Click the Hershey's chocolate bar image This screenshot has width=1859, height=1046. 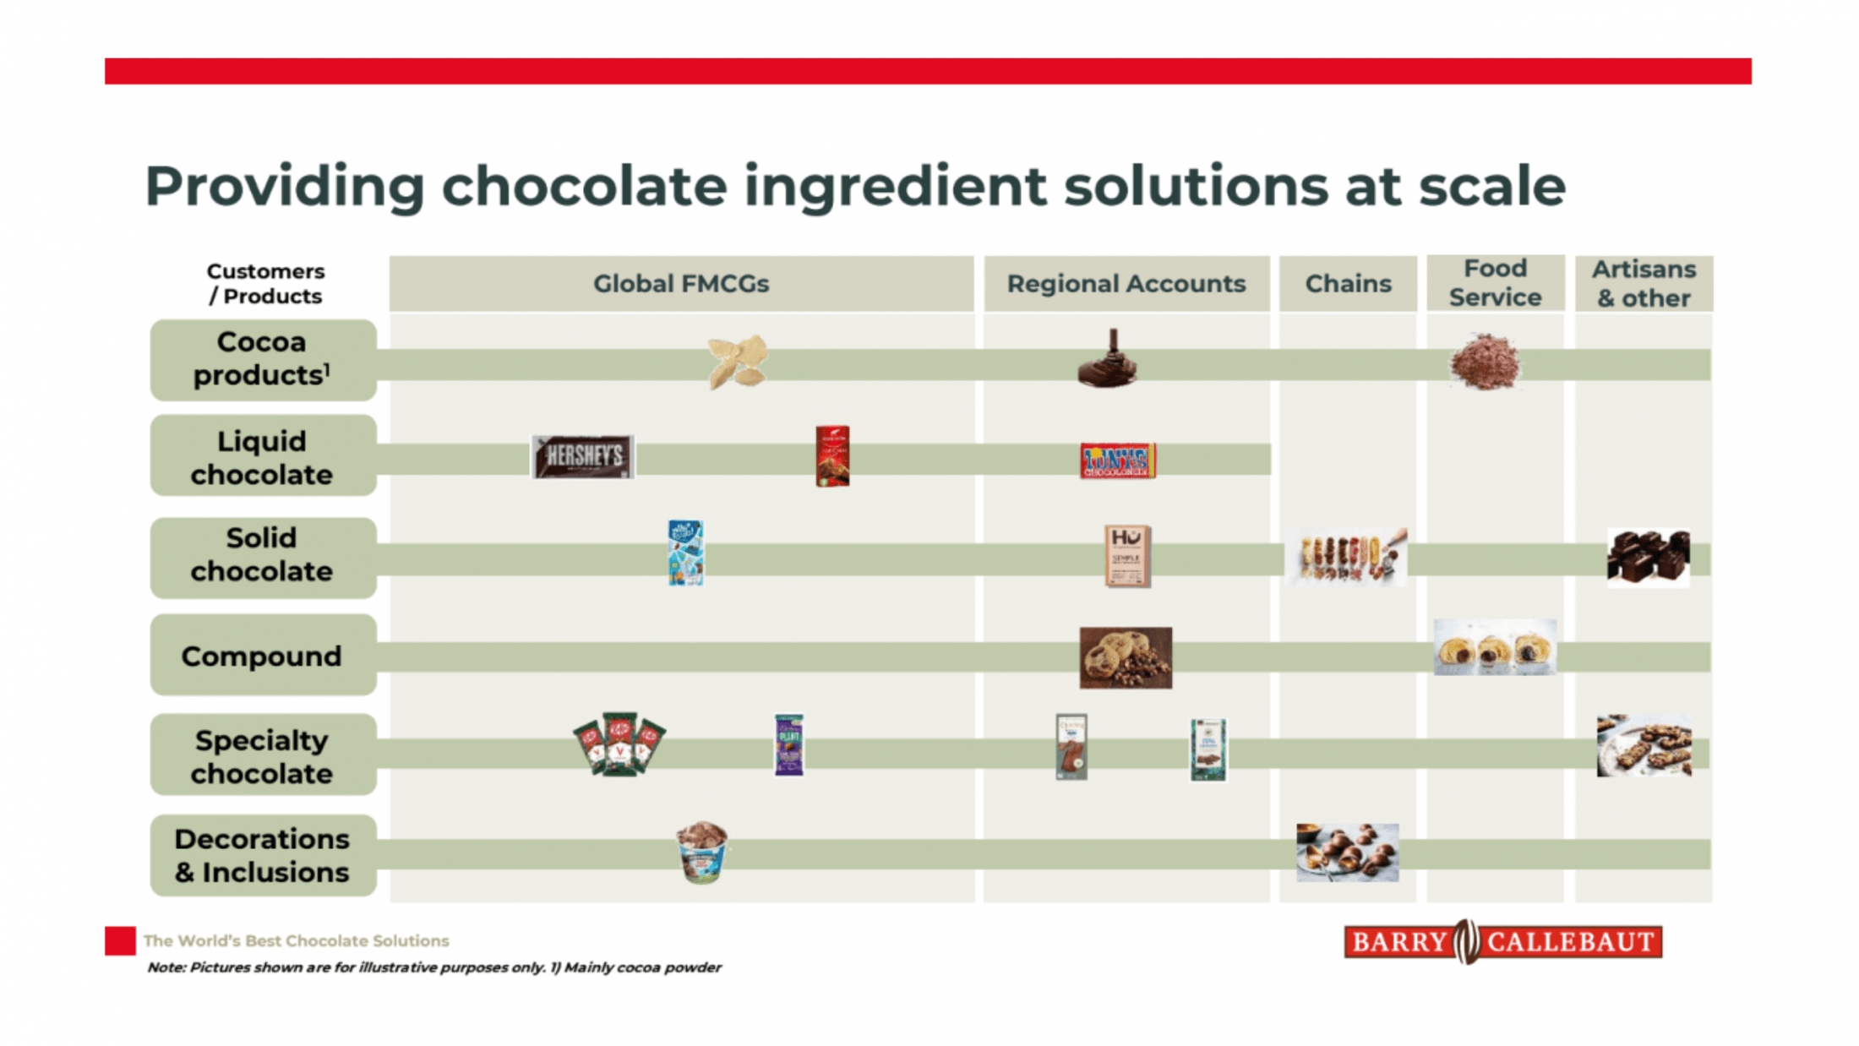click(x=583, y=456)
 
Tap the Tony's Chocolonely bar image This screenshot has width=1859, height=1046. click(x=1117, y=460)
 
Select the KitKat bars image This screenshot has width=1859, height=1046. click(x=619, y=744)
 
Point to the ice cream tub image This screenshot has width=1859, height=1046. click(x=701, y=852)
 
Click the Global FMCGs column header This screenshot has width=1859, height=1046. click(x=681, y=284)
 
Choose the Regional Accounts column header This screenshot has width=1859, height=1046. click(x=1126, y=284)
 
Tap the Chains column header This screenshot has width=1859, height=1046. click(x=1348, y=284)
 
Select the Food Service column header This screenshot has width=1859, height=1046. click(x=1495, y=283)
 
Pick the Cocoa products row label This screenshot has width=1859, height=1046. click(x=263, y=359)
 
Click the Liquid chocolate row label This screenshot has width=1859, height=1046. click(x=263, y=457)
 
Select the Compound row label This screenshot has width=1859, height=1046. click(x=263, y=656)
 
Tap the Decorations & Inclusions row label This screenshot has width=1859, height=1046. click(x=263, y=855)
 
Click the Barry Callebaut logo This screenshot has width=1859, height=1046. click(x=1502, y=941)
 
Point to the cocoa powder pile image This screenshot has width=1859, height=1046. click(x=1485, y=362)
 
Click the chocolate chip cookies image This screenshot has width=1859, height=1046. click(x=1126, y=657)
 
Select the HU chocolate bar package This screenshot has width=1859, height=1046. click(x=1127, y=556)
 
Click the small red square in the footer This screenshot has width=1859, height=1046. click(x=120, y=940)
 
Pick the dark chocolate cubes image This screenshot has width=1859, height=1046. click(x=1648, y=556)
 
